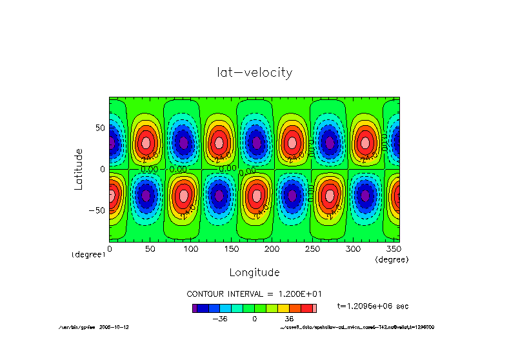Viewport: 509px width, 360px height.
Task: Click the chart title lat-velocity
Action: coord(255,72)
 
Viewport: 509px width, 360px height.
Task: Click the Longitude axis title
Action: coord(255,272)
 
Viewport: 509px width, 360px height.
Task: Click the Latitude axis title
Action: coord(79,168)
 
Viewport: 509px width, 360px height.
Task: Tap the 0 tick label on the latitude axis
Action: coord(101,169)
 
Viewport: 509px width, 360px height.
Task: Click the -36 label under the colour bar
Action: coord(220,319)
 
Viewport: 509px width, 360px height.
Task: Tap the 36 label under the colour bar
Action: coord(289,319)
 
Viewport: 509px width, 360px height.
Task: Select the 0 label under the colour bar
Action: coord(255,319)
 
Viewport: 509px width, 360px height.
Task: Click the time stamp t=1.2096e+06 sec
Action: coord(373,306)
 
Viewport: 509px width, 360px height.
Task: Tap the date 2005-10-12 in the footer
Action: coord(114,327)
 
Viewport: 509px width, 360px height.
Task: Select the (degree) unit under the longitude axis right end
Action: coord(392,259)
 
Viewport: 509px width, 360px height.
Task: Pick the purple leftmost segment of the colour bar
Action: coord(194,308)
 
